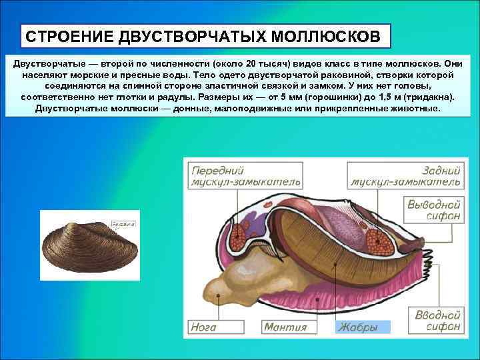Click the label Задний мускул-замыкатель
tap(405, 175)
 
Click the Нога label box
tap(204, 327)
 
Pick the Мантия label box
tap(285, 327)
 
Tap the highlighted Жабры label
tap(358, 327)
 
